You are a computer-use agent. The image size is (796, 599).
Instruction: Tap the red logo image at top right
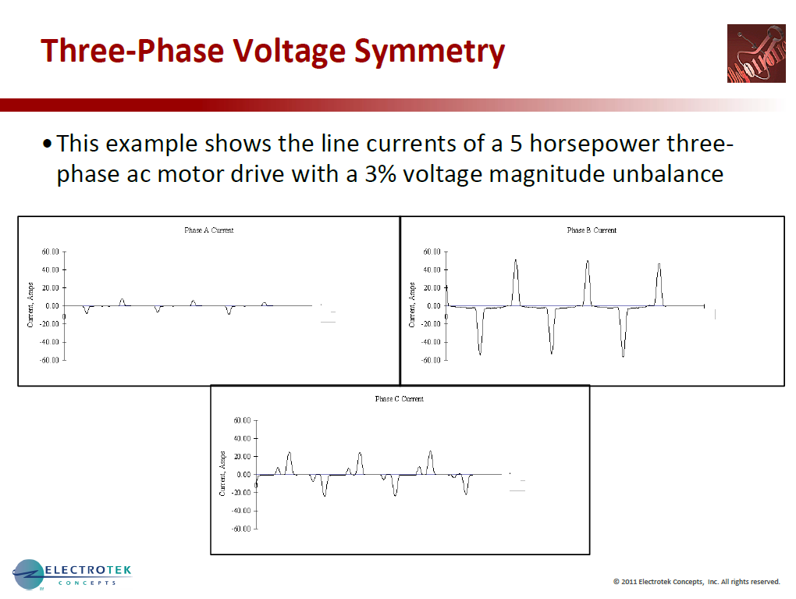pyautogui.click(x=755, y=53)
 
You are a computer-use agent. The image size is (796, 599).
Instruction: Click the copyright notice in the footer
pyautogui.click(x=696, y=581)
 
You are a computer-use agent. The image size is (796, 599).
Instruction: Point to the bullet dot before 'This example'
pyautogui.click(x=48, y=144)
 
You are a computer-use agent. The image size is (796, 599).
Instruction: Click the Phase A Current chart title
pyautogui.click(x=208, y=230)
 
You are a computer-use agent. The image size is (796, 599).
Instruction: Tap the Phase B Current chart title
pyautogui.click(x=592, y=230)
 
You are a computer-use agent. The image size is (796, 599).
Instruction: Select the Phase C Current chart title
pyautogui.click(x=400, y=399)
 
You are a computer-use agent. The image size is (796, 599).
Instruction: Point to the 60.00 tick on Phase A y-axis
pyautogui.click(x=50, y=252)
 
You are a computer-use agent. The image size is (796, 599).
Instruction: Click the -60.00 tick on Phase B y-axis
pyautogui.click(x=432, y=360)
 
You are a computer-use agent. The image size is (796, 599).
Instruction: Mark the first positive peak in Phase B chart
pyautogui.click(x=516, y=262)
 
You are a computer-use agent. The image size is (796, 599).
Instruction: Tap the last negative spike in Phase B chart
pyautogui.click(x=623, y=355)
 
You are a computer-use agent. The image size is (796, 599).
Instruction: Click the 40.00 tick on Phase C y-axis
pyautogui.click(x=241, y=439)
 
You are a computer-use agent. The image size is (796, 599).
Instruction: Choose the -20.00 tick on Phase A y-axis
pyautogui.click(x=49, y=324)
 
